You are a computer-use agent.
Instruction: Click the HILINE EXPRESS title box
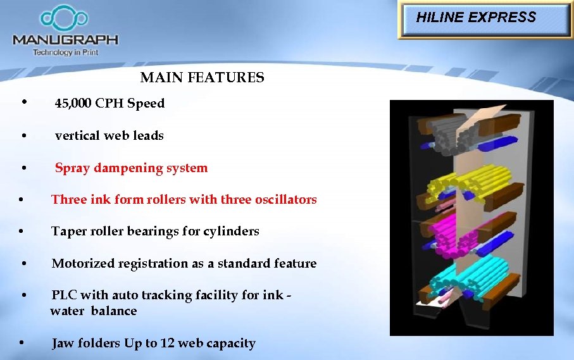[485, 20]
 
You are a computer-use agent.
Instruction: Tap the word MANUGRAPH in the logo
[65, 39]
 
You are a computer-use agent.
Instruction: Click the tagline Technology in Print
[65, 52]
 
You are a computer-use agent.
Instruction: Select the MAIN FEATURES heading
[202, 78]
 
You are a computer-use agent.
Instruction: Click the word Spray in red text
[71, 168]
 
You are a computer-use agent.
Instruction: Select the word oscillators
[285, 199]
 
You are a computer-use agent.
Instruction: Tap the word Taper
[68, 232]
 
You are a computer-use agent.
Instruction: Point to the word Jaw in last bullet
[62, 344]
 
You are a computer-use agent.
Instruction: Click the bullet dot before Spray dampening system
[23, 168]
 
